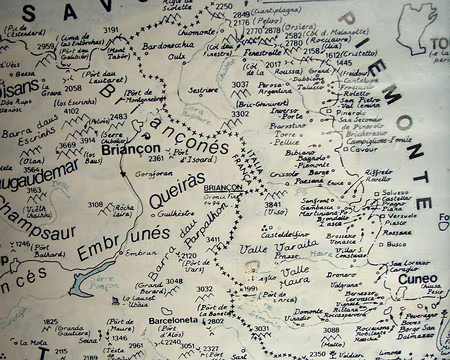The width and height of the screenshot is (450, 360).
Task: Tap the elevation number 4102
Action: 73,112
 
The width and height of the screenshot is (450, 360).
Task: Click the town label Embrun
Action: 140,253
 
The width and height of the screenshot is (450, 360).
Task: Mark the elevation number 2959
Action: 47,46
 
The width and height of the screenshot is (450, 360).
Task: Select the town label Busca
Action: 397,243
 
